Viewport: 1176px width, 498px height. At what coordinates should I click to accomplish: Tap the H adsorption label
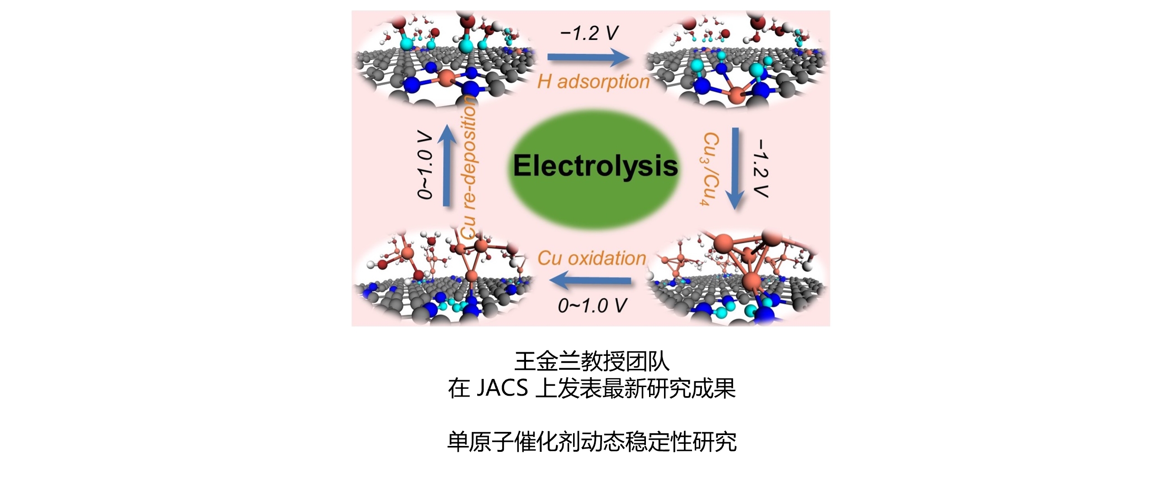[x=593, y=82]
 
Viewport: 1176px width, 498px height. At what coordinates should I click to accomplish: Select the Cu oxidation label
[x=592, y=258]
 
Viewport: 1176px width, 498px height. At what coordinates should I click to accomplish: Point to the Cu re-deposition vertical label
[x=469, y=167]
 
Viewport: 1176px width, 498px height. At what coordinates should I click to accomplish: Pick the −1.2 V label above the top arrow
[x=589, y=33]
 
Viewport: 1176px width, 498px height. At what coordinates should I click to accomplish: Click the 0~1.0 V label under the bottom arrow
[x=592, y=306]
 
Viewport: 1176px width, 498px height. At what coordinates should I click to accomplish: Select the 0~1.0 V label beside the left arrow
[x=425, y=165]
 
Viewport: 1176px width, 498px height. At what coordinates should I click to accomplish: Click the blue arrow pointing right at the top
[x=588, y=57]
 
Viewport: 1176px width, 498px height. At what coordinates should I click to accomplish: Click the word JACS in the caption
[x=502, y=388]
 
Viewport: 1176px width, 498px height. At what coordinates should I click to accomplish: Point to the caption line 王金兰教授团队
[x=592, y=361]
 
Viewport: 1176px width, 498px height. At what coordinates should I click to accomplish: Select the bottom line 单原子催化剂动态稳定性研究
[x=592, y=442]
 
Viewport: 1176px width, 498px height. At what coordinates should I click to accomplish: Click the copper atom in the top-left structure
[x=446, y=78]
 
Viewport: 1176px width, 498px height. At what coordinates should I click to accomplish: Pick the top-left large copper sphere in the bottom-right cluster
[x=723, y=244]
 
